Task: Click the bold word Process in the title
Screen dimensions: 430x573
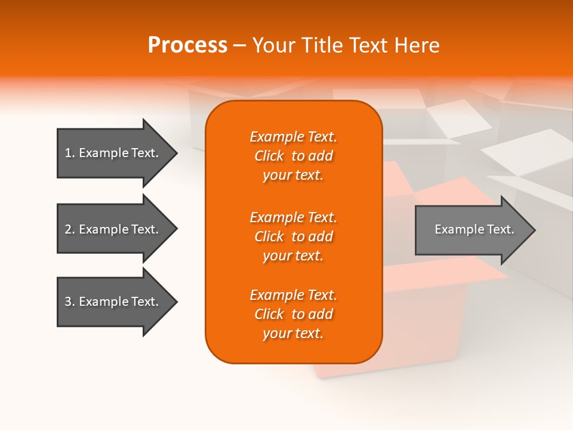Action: tap(187, 45)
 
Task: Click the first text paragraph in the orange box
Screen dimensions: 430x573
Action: tap(293, 156)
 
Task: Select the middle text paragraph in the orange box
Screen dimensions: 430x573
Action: tap(293, 236)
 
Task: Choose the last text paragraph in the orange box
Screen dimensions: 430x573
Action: tap(293, 314)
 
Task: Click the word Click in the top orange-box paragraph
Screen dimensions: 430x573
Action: tap(269, 156)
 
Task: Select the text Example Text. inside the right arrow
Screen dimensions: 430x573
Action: tap(475, 229)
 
